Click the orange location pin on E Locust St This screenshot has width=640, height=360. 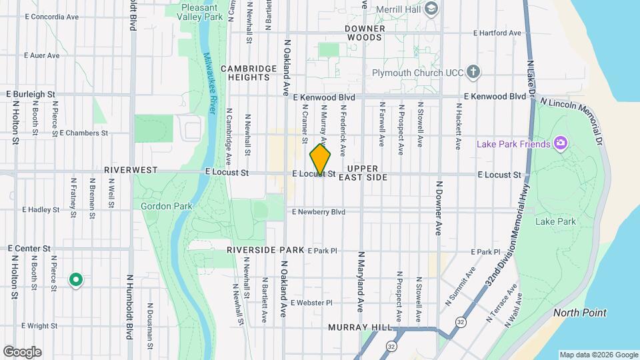(321, 159)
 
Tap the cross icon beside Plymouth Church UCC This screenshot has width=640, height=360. (473, 71)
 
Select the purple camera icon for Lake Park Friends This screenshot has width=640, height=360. (561, 143)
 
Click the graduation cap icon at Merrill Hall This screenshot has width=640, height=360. (431, 8)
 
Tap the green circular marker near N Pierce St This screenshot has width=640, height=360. (76, 280)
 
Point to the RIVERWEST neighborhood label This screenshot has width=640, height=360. (131, 170)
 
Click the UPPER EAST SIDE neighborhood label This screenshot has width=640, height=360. (363, 173)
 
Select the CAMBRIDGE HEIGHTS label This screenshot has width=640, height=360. (249, 73)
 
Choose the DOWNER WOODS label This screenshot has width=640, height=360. (365, 33)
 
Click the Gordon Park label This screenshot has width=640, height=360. (167, 206)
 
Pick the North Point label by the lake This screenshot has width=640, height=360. (579, 313)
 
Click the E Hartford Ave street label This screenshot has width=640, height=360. (497, 33)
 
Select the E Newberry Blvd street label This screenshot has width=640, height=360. (319, 212)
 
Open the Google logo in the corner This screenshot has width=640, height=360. (22, 351)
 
